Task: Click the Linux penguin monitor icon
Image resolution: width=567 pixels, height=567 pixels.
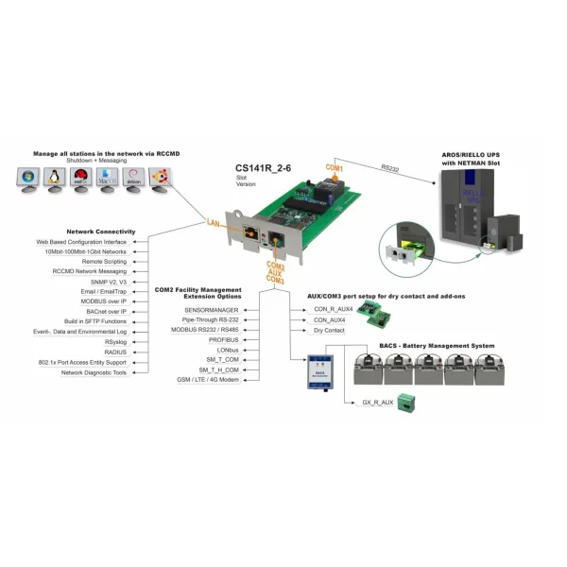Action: tap(55, 178)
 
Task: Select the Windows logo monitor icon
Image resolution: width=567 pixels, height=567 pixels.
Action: tap(27, 178)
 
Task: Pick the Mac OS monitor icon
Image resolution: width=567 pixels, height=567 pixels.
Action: tap(108, 178)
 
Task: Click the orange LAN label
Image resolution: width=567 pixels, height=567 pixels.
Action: tap(216, 223)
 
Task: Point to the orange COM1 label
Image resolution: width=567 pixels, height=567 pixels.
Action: tap(334, 167)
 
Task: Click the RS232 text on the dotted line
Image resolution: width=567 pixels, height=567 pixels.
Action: tap(390, 168)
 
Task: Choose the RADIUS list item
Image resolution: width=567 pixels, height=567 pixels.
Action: tap(116, 351)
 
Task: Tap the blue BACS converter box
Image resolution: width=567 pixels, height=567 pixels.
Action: tap(320, 371)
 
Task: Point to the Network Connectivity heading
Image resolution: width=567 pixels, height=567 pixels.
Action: tap(101, 232)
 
